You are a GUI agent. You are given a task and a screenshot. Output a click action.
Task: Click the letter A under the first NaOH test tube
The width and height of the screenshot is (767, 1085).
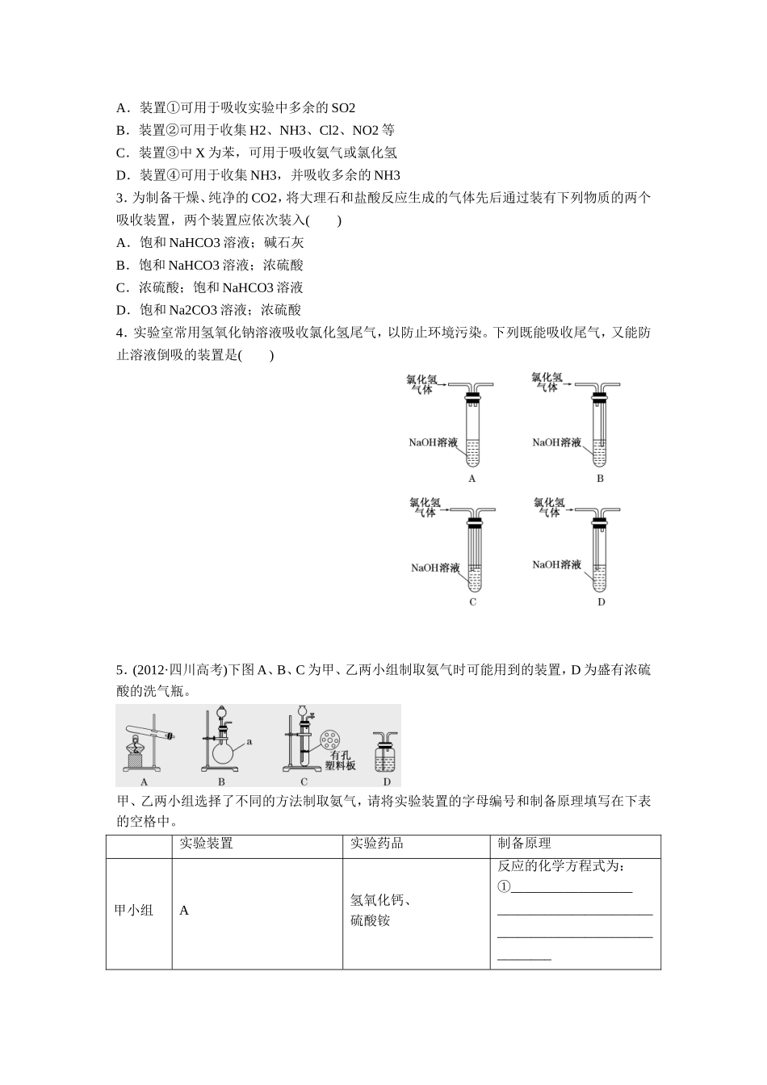472,479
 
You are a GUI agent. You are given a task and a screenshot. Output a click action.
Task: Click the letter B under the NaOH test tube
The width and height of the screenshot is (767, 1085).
600,479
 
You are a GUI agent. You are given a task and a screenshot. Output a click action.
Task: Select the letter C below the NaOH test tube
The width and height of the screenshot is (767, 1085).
472,602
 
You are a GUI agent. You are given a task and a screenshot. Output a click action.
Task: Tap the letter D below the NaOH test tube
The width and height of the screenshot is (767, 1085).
601,602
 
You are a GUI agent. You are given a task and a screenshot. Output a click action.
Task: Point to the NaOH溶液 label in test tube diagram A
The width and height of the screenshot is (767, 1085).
434,442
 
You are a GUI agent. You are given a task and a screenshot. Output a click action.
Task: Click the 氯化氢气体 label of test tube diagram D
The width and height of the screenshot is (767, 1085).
549,507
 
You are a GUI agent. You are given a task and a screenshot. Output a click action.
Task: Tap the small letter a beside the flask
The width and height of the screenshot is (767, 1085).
249,740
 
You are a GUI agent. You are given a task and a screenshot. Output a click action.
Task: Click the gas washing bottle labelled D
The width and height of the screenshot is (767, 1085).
386,755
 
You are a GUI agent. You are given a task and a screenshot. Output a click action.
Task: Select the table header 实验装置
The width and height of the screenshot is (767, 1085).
206,844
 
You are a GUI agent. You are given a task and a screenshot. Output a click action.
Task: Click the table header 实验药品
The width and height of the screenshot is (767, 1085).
377,844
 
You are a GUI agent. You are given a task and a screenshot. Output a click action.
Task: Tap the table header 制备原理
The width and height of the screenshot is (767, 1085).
525,844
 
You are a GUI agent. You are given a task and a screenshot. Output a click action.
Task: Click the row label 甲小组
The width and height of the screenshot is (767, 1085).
134,911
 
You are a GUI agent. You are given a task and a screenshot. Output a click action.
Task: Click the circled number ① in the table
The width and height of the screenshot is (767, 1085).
504,887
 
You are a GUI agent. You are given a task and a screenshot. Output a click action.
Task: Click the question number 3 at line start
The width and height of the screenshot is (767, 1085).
120,198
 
